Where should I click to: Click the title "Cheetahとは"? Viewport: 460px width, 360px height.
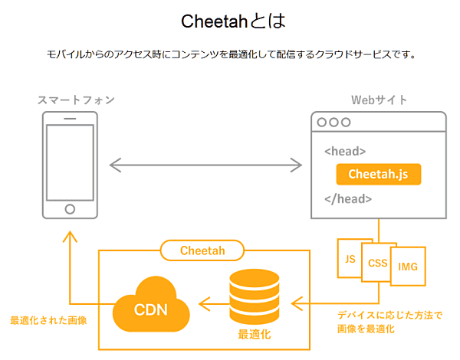tap(233, 21)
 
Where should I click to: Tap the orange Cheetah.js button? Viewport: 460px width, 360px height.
tap(379, 175)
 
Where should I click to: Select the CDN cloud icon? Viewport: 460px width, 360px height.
tap(151, 305)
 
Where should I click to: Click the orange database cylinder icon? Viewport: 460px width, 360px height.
tap(255, 296)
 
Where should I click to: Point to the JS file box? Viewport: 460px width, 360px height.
tap(350, 259)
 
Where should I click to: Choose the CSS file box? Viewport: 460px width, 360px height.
tap(377, 263)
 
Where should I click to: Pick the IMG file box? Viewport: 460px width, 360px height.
tap(408, 267)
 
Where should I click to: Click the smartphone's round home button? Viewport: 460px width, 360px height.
tap(70, 209)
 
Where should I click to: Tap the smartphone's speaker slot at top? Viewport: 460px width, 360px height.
tap(70, 119)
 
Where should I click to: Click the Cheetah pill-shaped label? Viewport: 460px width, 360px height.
tap(202, 250)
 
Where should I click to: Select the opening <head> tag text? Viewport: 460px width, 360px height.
tap(345, 151)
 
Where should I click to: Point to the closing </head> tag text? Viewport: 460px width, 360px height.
tap(348, 199)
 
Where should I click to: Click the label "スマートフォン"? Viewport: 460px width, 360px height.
tap(76, 100)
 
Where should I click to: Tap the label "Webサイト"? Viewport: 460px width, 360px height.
tap(379, 100)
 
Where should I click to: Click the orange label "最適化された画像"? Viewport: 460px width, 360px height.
tap(49, 320)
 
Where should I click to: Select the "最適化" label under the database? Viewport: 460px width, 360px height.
tap(255, 334)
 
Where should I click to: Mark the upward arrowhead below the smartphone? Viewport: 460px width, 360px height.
tap(70, 236)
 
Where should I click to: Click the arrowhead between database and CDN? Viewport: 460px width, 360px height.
tap(205, 304)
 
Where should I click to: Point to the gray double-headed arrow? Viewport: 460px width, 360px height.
tap(205, 165)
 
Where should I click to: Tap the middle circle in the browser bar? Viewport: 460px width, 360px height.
tap(333, 122)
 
